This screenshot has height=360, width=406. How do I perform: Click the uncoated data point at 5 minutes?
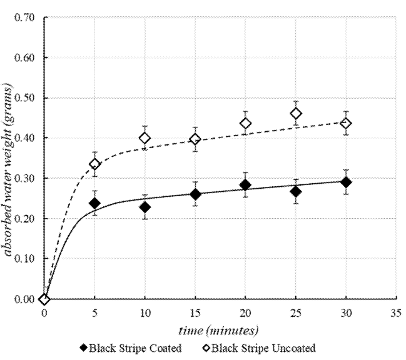point(95,164)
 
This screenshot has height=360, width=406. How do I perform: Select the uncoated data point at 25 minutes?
point(296,113)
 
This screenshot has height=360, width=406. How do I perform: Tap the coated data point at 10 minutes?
point(145,207)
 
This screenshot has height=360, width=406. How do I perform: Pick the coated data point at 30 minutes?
point(346,182)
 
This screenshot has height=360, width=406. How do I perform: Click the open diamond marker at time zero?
point(44,299)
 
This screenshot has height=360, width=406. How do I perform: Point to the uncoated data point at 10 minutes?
point(145,138)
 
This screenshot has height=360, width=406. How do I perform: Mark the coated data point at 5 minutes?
point(95,203)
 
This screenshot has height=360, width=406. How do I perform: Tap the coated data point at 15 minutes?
point(195,194)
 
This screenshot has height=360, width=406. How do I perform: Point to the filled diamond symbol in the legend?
point(84,348)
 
